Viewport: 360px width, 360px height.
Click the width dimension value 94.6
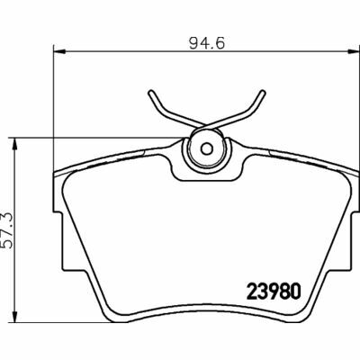click(204, 40)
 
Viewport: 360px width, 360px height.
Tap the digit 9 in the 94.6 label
click(191, 40)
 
